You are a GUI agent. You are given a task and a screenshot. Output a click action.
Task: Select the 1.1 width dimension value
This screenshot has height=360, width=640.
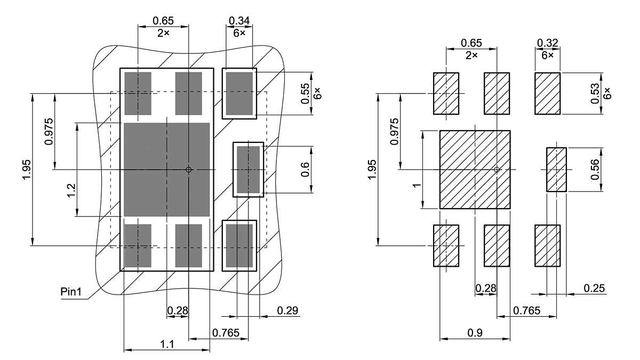pyautogui.click(x=167, y=345)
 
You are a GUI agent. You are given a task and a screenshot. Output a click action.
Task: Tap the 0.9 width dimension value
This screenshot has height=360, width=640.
pyautogui.click(x=475, y=333)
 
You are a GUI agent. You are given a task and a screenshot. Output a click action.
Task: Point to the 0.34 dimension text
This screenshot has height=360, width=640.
pyautogui.click(x=239, y=21)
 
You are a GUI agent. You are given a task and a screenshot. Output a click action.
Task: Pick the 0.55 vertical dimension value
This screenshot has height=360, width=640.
pyautogui.click(x=306, y=94)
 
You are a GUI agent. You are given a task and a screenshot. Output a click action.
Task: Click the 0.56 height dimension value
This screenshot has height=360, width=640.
pyautogui.click(x=595, y=170)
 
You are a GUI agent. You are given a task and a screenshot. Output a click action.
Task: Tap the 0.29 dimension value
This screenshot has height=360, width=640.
pyautogui.click(x=287, y=310)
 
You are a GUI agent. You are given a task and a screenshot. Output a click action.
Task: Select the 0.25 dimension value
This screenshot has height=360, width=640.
pyautogui.click(x=594, y=289)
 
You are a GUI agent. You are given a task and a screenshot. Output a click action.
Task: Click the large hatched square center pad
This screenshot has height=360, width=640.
pyautogui.click(x=475, y=170)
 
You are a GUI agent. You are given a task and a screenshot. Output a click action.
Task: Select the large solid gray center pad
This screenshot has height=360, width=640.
pyautogui.click(x=155, y=170)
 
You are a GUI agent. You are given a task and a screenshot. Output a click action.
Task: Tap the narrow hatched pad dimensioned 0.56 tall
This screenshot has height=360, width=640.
pyautogui.click(x=556, y=170)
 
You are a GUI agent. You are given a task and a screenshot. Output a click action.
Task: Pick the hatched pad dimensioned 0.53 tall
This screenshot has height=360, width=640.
pyautogui.click(x=547, y=93)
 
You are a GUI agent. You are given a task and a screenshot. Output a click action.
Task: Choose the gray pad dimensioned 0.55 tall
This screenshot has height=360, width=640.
pyautogui.click(x=239, y=94)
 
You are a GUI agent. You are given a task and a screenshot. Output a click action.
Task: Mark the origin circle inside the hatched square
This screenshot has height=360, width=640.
pyautogui.click(x=497, y=170)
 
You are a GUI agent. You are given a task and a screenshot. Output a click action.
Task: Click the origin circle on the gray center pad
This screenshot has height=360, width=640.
pyautogui.click(x=188, y=170)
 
